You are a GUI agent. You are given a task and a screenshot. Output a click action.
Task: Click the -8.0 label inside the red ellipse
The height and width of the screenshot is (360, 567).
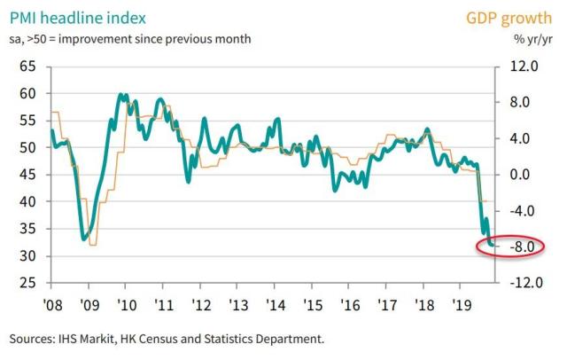click(524, 247)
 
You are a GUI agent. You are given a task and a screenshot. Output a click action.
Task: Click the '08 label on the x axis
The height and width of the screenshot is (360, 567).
click(50, 303)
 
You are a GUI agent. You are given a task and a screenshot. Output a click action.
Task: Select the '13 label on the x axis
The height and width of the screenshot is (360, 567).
click(237, 303)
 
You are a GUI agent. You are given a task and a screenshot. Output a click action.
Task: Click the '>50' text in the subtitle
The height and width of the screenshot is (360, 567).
click(43, 38)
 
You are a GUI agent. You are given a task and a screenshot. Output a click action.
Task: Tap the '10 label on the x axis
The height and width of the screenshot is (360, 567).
click(125, 303)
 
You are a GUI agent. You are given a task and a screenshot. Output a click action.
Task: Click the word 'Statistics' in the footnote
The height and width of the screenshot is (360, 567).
click(256, 340)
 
